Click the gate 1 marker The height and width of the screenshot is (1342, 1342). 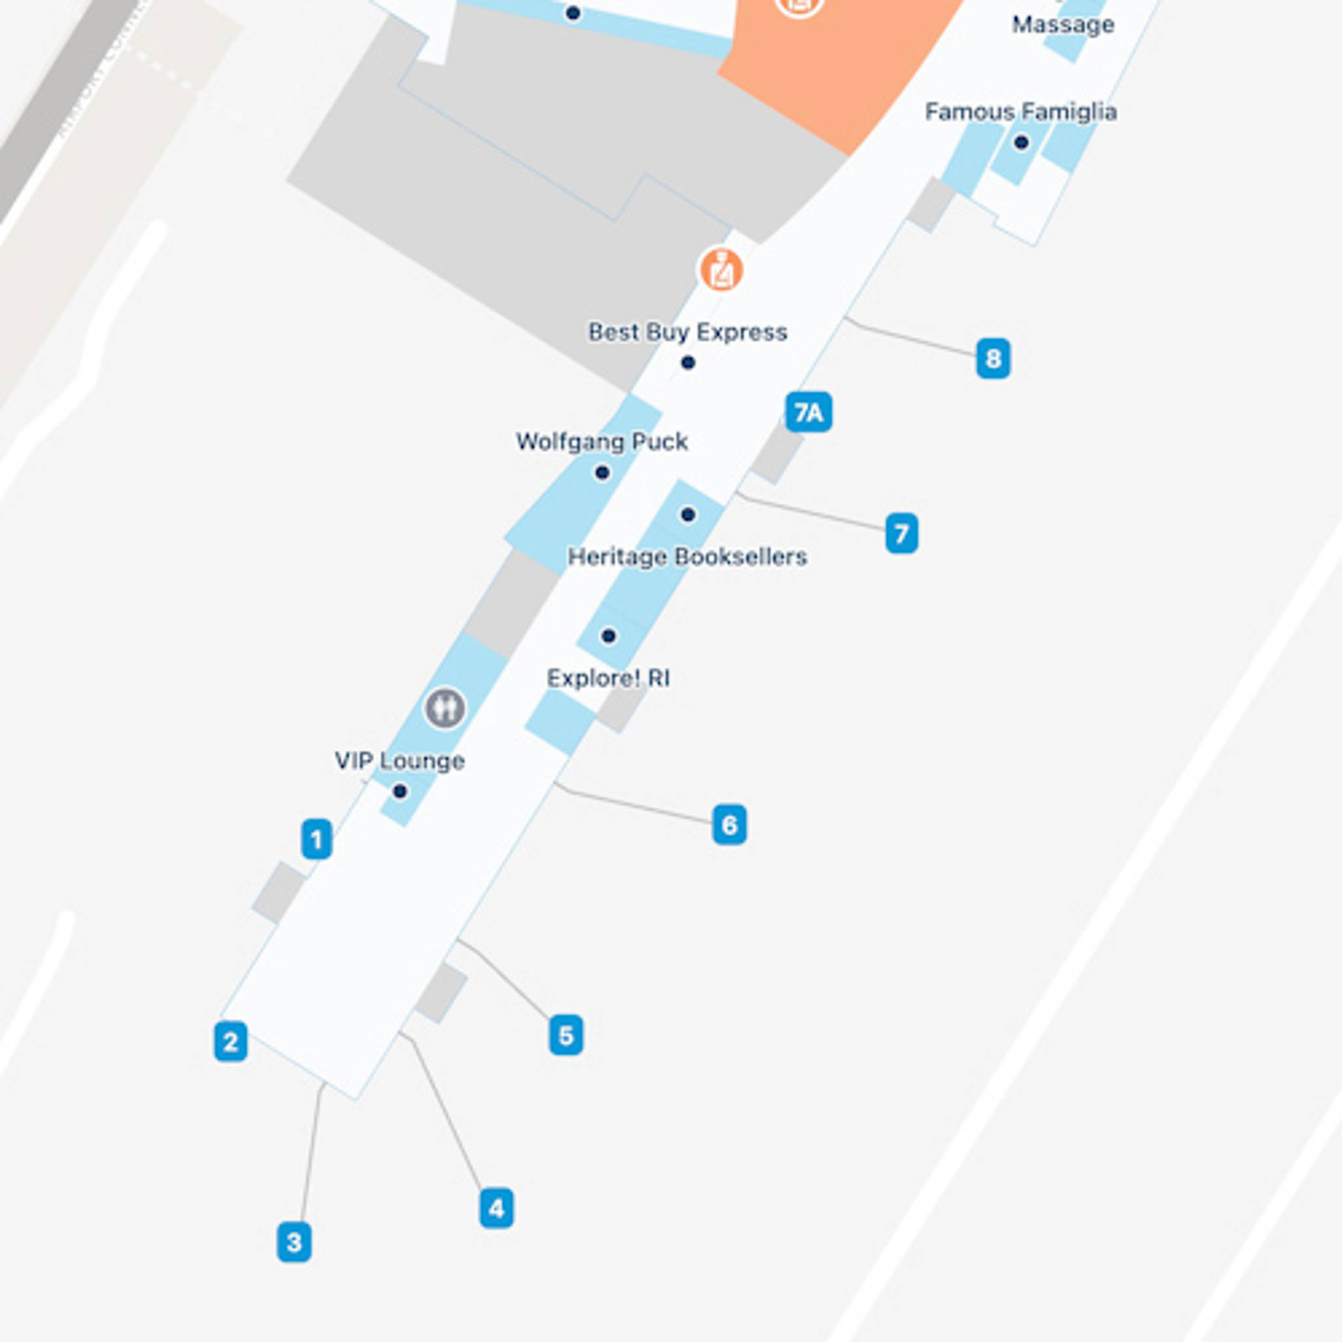tap(316, 839)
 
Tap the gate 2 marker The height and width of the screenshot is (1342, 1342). tap(231, 1041)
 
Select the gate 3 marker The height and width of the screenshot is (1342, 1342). tap(294, 1242)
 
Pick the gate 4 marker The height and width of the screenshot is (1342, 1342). tap(496, 1208)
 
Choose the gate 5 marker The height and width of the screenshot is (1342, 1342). tap(566, 1035)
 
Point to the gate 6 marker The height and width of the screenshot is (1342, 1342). tap(729, 824)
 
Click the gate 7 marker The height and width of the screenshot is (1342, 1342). tap(901, 533)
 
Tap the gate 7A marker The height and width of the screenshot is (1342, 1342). tap(809, 413)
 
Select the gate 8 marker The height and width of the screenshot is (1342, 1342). tap(993, 358)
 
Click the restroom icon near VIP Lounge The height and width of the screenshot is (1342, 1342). tap(444, 708)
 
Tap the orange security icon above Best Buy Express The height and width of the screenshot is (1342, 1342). tap(721, 269)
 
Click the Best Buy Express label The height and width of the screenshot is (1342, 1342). tap(687, 332)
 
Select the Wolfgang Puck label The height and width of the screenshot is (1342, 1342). tap(602, 442)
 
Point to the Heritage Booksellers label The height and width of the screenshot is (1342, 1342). tap(687, 556)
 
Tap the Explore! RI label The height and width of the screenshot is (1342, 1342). tap(609, 678)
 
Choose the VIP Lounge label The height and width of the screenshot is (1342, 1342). tap(400, 761)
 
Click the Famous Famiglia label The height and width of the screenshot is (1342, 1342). tap(1020, 112)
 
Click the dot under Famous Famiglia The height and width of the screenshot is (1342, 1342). tap(1020, 142)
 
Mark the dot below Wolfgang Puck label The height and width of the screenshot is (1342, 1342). tap(602, 473)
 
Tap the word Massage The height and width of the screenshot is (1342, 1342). tap(1063, 25)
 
